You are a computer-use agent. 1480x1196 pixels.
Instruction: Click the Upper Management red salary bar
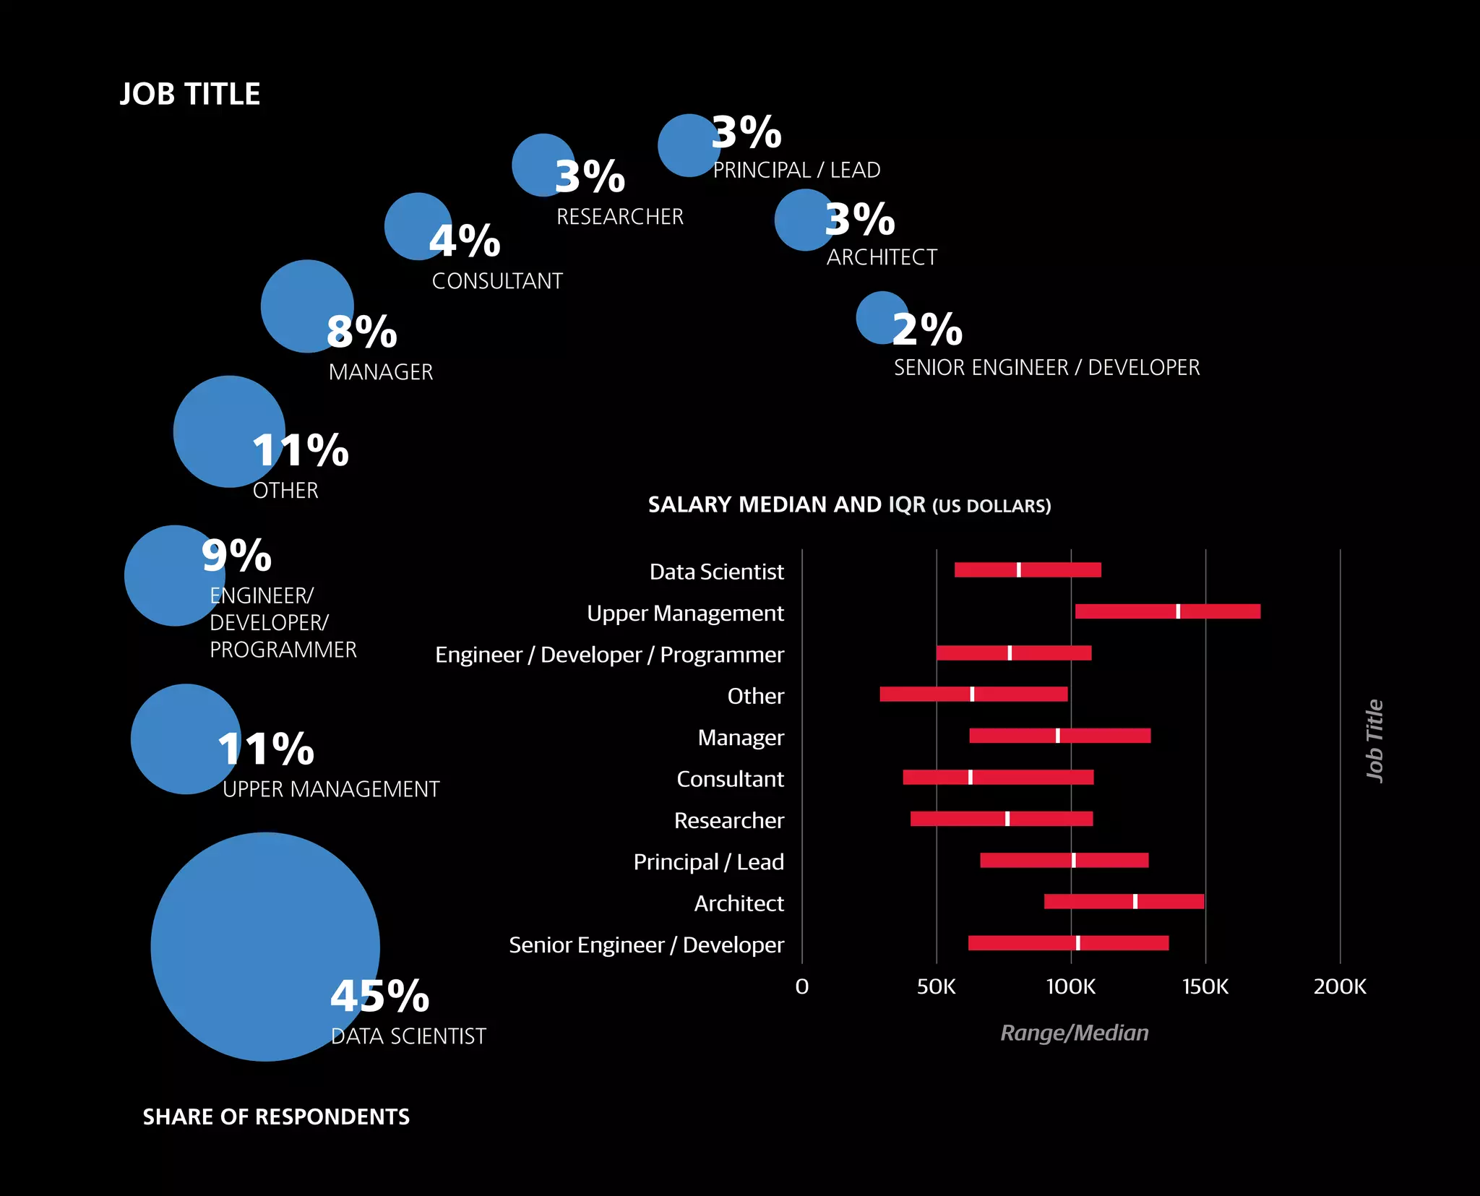click(x=1127, y=611)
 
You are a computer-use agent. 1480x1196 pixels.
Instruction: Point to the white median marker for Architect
click(x=1135, y=901)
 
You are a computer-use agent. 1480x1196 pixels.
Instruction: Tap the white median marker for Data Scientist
click(x=1019, y=569)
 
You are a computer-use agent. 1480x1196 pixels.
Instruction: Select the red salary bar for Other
click(x=925, y=694)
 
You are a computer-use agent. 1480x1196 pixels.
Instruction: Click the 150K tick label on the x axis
click(x=1205, y=986)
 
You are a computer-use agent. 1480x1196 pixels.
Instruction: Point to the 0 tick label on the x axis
click(x=802, y=986)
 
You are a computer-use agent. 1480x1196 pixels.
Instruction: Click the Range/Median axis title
click(x=1074, y=1033)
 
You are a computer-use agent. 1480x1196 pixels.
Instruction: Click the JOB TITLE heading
click(x=190, y=94)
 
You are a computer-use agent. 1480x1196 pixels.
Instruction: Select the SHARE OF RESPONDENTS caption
click(x=276, y=1117)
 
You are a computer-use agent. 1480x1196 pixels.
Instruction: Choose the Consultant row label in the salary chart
click(x=730, y=779)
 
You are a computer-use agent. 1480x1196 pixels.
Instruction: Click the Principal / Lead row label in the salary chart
click(x=708, y=861)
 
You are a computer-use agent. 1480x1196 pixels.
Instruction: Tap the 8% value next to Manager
click(x=361, y=332)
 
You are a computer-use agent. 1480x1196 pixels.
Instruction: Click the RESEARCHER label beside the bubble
click(x=619, y=216)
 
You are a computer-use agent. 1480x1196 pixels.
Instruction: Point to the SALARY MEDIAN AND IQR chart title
click(x=849, y=504)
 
